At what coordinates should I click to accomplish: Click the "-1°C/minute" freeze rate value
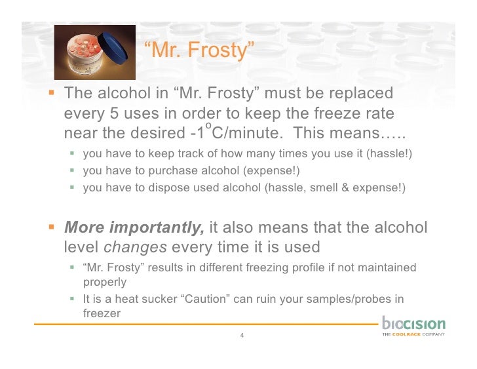[x=232, y=133]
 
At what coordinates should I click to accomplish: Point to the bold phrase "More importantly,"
[x=134, y=227]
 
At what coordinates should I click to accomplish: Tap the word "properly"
[x=104, y=282]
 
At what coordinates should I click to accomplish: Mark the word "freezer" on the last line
[x=101, y=313]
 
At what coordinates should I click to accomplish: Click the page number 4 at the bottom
[x=242, y=336]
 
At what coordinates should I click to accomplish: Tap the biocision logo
[x=413, y=326]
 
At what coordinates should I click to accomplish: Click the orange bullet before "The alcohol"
[x=52, y=93]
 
